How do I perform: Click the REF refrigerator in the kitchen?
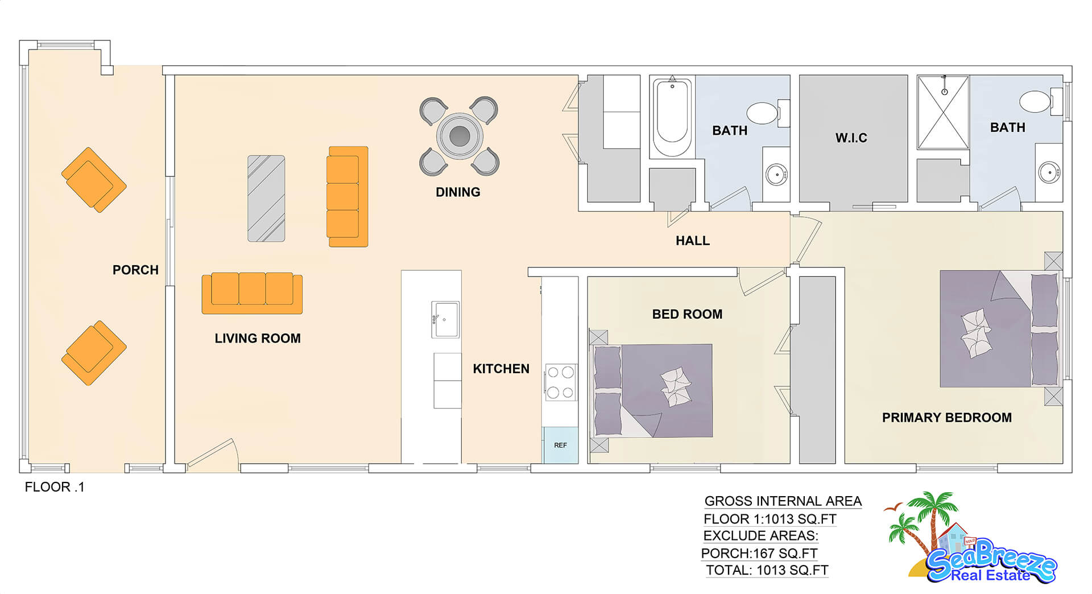pyautogui.click(x=560, y=445)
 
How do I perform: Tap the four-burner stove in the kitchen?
pyautogui.click(x=560, y=382)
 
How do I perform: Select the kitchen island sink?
pyautogui.click(x=445, y=320)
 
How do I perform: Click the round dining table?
pyautogui.click(x=460, y=136)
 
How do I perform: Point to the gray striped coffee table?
pyautogui.click(x=266, y=199)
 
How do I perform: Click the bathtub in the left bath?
pyautogui.click(x=672, y=117)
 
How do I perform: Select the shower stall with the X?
pyautogui.click(x=943, y=113)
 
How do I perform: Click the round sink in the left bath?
pyautogui.click(x=776, y=174)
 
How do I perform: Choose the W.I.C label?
pyautogui.click(x=851, y=138)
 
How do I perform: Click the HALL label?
pyautogui.click(x=693, y=241)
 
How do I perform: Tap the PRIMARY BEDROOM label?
pyautogui.click(x=947, y=418)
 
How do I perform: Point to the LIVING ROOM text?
pyautogui.click(x=258, y=339)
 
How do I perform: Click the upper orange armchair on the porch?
pyautogui.click(x=94, y=180)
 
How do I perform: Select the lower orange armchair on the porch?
pyautogui.click(x=94, y=353)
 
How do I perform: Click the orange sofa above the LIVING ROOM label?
pyautogui.click(x=252, y=293)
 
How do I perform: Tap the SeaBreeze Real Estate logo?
pyautogui.click(x=971, y=538)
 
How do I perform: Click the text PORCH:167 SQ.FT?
pyautogui.click(x=759, y=554)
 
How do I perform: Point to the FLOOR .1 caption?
pyautogui.click(x=55, y=487)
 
